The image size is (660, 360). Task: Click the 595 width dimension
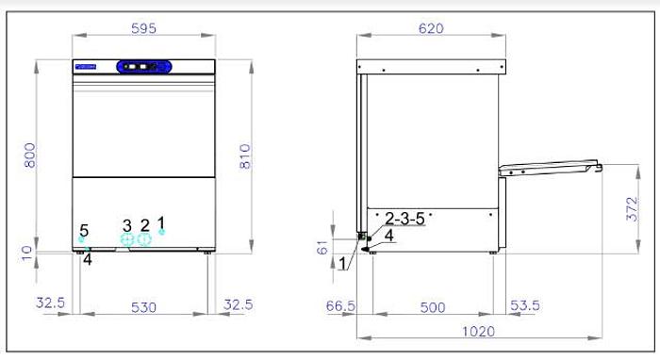click(143, 28)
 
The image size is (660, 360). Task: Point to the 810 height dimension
click(247, 155)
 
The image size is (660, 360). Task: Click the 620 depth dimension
click(430, 28)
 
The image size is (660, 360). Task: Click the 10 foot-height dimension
click(29, 252)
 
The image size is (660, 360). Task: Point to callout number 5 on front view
click(84, 229)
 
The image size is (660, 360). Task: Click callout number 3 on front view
click(127, 224)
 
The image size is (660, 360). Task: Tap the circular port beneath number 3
click(128, 239)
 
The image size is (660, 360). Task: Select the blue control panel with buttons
click(143, 67)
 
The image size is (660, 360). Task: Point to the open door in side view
click(551, 169)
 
